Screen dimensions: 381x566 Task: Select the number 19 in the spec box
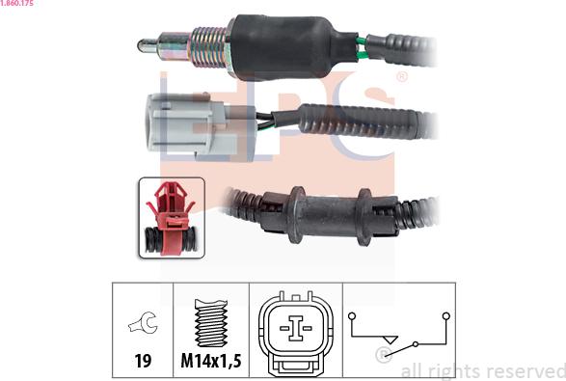coord(143,363)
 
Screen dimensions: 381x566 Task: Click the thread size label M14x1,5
coord(211,363)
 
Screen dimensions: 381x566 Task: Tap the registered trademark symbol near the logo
coord(401,76)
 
